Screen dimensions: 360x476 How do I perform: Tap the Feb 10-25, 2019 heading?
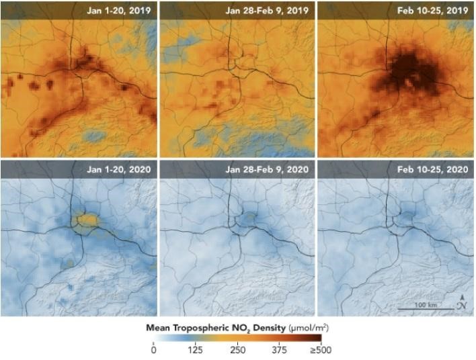(x=429, y=11)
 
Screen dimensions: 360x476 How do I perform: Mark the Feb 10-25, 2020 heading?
(x=429, y=169)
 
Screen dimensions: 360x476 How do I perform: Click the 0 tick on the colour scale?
(x=153, y=349)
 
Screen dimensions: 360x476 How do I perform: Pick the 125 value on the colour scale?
(x=196, y=349)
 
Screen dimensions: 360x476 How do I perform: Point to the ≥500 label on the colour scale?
(x=320, y=349)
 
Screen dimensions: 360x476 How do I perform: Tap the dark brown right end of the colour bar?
(x=324, y=338)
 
